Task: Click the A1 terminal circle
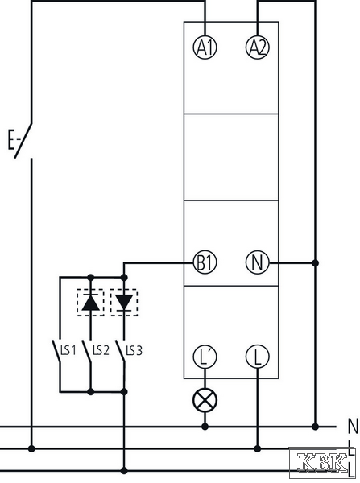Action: [205, 47]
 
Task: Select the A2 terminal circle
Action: [258, 47]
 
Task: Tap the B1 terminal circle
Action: [205, 262]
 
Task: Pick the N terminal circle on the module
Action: [258, 262]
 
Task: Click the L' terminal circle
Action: [205, 357]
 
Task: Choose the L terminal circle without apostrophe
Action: [258, 357]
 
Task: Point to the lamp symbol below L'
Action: [205, 400]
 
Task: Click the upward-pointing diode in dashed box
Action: [91, 303]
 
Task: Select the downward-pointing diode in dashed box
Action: [124, 303]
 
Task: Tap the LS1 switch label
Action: [68, 350]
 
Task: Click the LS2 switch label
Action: [101, 350]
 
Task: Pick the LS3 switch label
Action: [134, 350]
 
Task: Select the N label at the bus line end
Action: [354, 426]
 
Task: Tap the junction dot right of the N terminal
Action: [315, 262]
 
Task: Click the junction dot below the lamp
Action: [205, 427]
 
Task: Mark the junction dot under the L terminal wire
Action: [258, 448]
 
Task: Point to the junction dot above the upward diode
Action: [91, 278]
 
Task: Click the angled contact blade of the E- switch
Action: [23, 140]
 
